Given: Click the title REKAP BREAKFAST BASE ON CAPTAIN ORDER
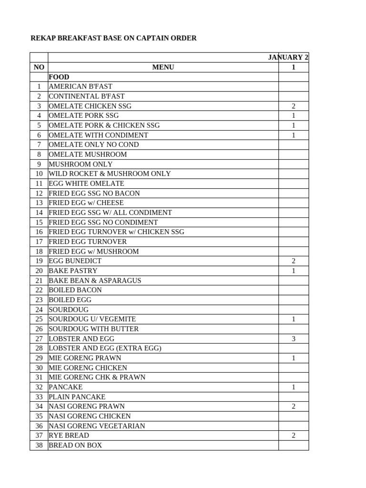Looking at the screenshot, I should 113,38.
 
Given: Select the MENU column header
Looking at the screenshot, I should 163,67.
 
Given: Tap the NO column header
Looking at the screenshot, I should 39,67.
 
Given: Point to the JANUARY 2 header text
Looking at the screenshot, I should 288,58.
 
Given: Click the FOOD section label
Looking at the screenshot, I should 59,77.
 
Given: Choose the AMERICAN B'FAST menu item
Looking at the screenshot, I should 81,87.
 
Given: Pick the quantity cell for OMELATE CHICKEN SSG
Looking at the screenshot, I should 294,106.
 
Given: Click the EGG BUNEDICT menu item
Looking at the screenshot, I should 75,261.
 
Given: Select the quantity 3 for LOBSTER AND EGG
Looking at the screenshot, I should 294,339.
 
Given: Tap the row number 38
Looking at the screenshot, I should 39,445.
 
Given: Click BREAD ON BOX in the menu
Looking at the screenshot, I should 75,445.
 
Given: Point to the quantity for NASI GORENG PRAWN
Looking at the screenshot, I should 294,407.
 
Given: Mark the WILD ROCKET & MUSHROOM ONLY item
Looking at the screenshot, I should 110,174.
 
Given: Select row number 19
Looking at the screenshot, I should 39,261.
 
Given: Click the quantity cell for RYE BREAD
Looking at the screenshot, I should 294,436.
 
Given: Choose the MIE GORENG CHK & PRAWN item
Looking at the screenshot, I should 97,377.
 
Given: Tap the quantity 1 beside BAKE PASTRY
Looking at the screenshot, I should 294,271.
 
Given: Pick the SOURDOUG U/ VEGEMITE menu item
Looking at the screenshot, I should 92,319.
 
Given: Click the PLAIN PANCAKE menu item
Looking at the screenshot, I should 77,397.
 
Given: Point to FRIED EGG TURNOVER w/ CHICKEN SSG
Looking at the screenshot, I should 116,232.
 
